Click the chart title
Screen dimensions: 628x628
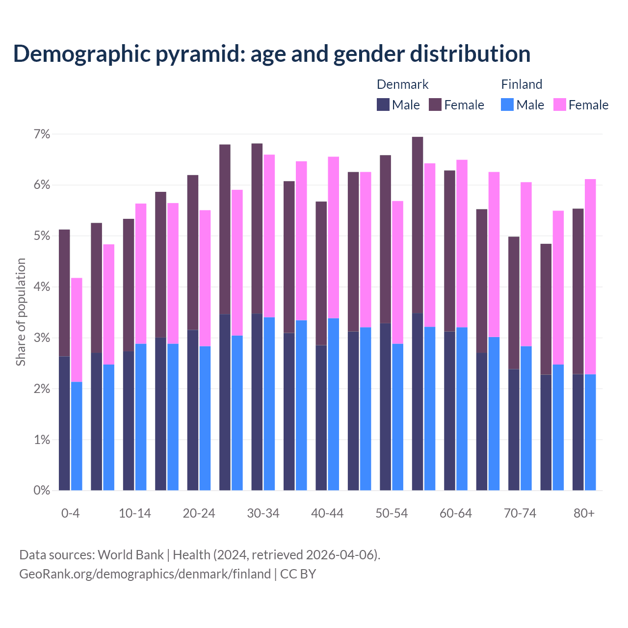[272, 53]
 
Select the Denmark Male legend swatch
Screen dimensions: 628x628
[383, 105]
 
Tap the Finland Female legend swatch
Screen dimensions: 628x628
[559, 105]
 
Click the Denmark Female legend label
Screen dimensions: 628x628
[464, 105]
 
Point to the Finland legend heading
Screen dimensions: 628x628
[522, 84]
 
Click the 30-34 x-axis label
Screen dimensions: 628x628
[263, 513]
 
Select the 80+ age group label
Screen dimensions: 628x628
[584, 513]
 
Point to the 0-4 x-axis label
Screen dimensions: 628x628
[70, 513]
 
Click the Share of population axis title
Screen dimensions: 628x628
[21, 312]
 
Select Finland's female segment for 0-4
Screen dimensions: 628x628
[77, 330]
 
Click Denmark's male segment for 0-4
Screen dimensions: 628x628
[64, 423]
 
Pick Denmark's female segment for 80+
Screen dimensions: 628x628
[578, 291]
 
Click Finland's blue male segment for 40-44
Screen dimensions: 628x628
[334, 404]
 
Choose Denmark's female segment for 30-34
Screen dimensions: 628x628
[257, 229]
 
